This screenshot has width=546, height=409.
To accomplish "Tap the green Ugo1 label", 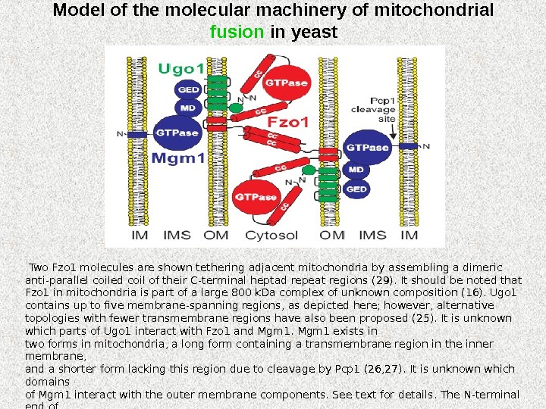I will coord(181,70).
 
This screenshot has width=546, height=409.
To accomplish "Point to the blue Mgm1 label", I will coord(179,159).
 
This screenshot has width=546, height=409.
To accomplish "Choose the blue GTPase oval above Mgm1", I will coord(177,133).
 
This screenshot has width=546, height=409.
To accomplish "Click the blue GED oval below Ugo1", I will coord(188,89).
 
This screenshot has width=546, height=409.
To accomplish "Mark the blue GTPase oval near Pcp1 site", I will coord(368,148).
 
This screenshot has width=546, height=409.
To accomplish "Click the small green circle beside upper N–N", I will coord(236,108).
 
